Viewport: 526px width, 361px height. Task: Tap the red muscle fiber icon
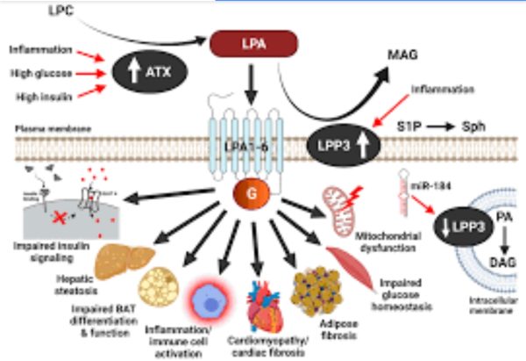353,263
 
